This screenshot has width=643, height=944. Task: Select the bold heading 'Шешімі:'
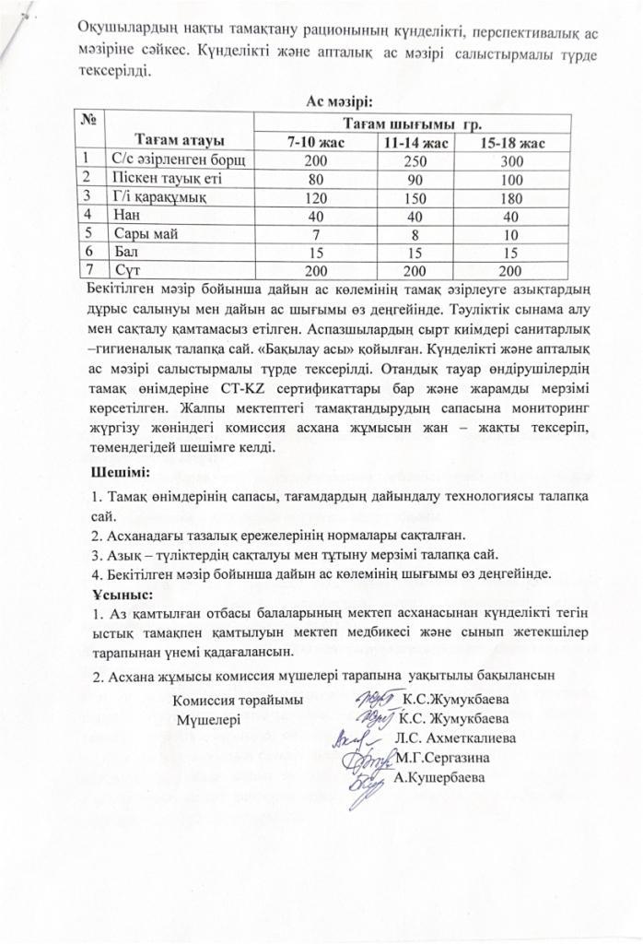point(117,473)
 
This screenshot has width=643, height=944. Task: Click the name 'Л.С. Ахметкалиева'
point(455,737)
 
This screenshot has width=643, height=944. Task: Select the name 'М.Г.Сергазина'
point(442,757)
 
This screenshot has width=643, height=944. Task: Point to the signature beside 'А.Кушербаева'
point(367,782)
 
